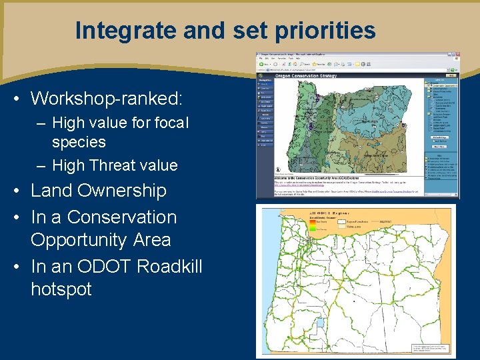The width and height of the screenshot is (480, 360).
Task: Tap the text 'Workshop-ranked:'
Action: [x=106, y=99]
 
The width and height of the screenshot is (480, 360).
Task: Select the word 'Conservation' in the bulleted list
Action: [x=122, y=217]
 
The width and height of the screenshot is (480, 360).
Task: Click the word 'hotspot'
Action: [x=61, y=289]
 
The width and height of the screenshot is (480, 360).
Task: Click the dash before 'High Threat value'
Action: [x=42, y=165]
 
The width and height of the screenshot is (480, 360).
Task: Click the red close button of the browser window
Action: [x=456, y=54]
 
